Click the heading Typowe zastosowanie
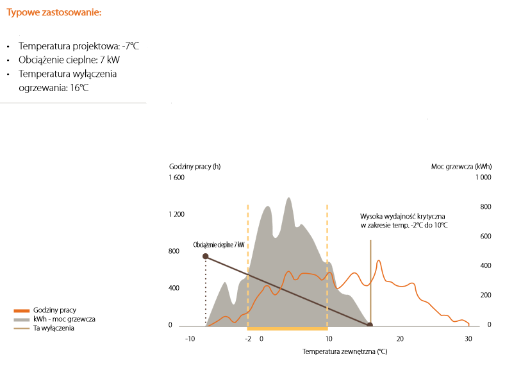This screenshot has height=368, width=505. [53, 13]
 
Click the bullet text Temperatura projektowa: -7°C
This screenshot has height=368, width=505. [79, 46]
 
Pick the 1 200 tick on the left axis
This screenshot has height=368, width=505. [176, 214]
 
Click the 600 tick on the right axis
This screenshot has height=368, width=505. [485, 237]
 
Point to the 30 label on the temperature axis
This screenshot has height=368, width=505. [468, 339]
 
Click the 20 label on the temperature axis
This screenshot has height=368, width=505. [400, 339]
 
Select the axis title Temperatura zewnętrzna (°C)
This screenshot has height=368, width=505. [345, 352]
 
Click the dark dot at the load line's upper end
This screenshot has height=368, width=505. [205, 256]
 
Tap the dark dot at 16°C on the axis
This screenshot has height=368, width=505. [370, 325]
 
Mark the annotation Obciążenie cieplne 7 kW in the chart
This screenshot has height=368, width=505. [219, 244]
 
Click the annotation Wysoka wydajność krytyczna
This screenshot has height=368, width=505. [403, 216]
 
